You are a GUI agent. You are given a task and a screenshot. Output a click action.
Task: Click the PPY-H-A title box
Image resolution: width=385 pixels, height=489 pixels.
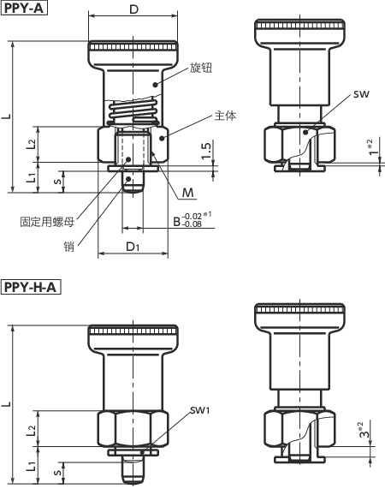[x=30, y=288]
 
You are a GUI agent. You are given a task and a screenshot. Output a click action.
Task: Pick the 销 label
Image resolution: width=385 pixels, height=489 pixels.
[x=68, y=247]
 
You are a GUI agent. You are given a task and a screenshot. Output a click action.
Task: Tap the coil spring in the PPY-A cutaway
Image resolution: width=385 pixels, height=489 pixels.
[x=133, y=112]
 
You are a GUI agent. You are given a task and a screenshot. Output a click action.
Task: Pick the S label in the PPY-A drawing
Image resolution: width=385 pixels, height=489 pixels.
[x=57, y=180]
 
